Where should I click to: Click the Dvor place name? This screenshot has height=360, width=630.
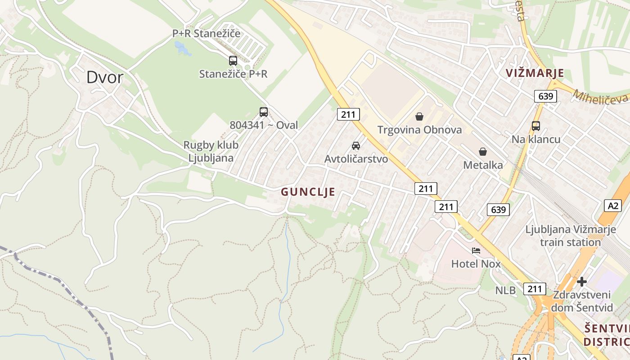[104, 77]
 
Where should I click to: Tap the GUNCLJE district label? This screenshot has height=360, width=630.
[308, 192]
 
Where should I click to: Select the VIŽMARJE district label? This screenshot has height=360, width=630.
[534, 73]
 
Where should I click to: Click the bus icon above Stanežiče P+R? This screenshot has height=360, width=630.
[233, 60]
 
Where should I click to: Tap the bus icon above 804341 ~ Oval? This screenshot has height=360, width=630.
[264, 112]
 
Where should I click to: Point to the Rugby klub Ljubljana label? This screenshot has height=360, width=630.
[211, 152]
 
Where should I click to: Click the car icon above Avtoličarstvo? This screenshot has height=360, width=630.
[356, 145]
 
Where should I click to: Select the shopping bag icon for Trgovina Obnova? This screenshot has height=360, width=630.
[419, 117]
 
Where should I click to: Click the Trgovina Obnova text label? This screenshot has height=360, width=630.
[419, 130]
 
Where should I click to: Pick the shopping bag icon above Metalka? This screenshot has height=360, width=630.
[483, 152]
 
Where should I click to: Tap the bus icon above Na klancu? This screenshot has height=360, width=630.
[536, 126]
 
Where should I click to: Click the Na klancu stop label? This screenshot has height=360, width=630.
[536, 139]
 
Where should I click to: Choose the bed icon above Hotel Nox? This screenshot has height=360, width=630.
[476, 250]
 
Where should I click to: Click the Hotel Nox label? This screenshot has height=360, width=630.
[476, 264]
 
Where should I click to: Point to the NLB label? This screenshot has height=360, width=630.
[505, 291]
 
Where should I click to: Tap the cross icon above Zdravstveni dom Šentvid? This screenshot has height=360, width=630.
[582, 282]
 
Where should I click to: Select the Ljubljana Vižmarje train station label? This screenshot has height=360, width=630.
[571, 236]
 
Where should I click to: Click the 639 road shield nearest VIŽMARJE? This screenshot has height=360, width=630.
[546, 96]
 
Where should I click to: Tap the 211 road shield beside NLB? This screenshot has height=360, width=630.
[535, 289]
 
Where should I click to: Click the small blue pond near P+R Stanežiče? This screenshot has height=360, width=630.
[182, 48]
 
